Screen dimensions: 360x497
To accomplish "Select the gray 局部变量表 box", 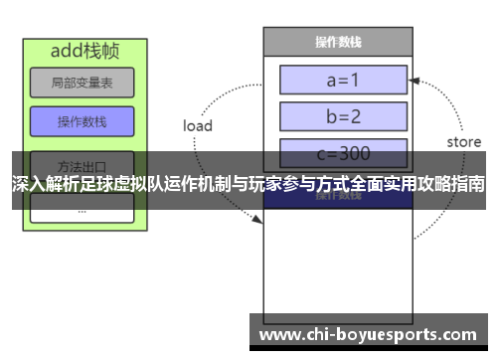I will tap(82, 83).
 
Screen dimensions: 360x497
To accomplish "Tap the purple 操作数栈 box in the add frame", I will tap(82, 121).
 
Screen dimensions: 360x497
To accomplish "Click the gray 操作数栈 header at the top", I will tap(337, 42).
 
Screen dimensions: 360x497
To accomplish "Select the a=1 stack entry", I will tap(343, 80).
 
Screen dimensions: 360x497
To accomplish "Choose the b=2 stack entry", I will tap(343, 116).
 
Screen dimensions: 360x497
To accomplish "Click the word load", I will tap(198, 126).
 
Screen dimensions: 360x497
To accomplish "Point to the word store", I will tap(463, 142).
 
